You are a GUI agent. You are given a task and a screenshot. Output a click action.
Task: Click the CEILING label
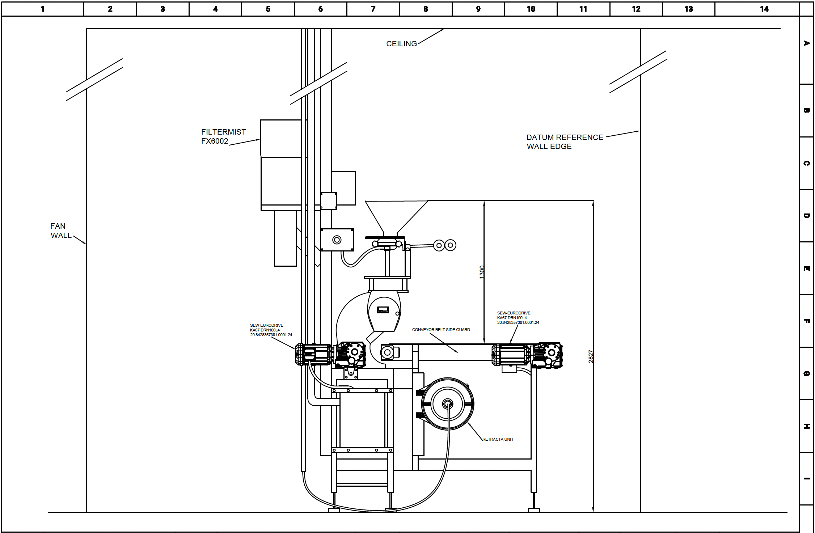401,44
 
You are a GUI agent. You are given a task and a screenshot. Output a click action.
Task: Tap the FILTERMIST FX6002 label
223,136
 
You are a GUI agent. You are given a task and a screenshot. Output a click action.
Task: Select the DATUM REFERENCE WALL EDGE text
565,142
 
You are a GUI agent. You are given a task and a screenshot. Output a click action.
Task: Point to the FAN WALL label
61,231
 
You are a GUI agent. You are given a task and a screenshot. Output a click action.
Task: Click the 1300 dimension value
482,272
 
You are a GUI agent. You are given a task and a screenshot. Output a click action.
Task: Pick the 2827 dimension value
591,356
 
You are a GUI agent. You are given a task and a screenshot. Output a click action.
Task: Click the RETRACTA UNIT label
498,439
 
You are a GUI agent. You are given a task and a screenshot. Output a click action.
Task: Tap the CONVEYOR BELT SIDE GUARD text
441,330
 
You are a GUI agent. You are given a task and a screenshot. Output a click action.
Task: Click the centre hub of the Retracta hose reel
448,403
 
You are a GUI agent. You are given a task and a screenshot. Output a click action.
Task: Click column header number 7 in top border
373,9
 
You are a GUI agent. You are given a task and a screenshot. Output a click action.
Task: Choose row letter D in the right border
807,216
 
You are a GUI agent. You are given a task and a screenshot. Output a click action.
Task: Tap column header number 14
764,9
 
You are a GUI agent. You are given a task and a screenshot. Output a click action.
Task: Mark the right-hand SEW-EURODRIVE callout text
518,318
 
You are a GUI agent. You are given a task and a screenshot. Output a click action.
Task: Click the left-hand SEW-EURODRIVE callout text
271,330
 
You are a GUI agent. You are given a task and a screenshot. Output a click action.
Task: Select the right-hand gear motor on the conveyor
527,355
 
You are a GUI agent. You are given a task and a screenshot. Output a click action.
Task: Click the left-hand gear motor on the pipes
330,355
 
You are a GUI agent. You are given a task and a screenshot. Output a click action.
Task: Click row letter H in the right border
807,426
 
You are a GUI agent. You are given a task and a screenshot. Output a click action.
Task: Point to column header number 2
110,9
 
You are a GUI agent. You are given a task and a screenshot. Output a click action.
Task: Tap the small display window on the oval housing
383,310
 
